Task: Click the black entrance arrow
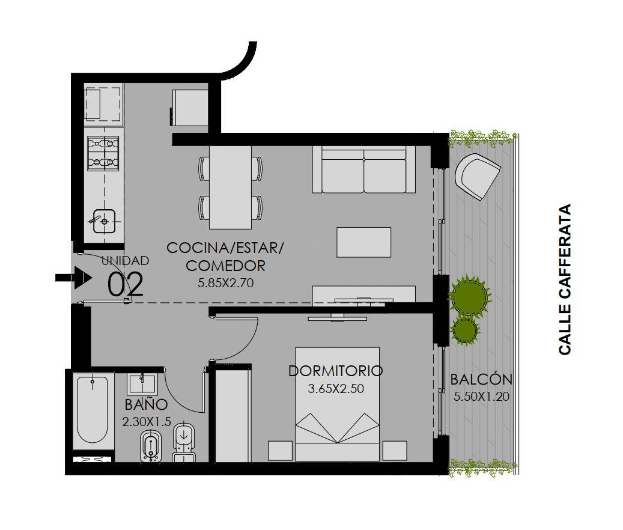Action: (x=74, y=277)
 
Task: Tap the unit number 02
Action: (x=126, y=284)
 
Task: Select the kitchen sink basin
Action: (x=104, y=221)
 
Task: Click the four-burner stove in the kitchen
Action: (x=103, y=153)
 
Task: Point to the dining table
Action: (x=231, y=187)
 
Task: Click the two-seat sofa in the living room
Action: (x=364, y=169)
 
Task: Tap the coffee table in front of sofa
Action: (x=364, y=242)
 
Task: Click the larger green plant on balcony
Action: (x=470, y=296)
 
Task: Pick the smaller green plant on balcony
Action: (x=465, y=330)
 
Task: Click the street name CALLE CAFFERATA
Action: (x=565, y=279)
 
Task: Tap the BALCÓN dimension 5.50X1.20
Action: (x=481, y=397)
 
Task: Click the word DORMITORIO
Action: (x=335, y=371)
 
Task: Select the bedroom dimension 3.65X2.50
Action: (x=336, y=389)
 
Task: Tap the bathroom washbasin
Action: (x=142, y=384)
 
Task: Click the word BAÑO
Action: (x=146, y=405)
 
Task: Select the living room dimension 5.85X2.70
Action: (x=226, y=283)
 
